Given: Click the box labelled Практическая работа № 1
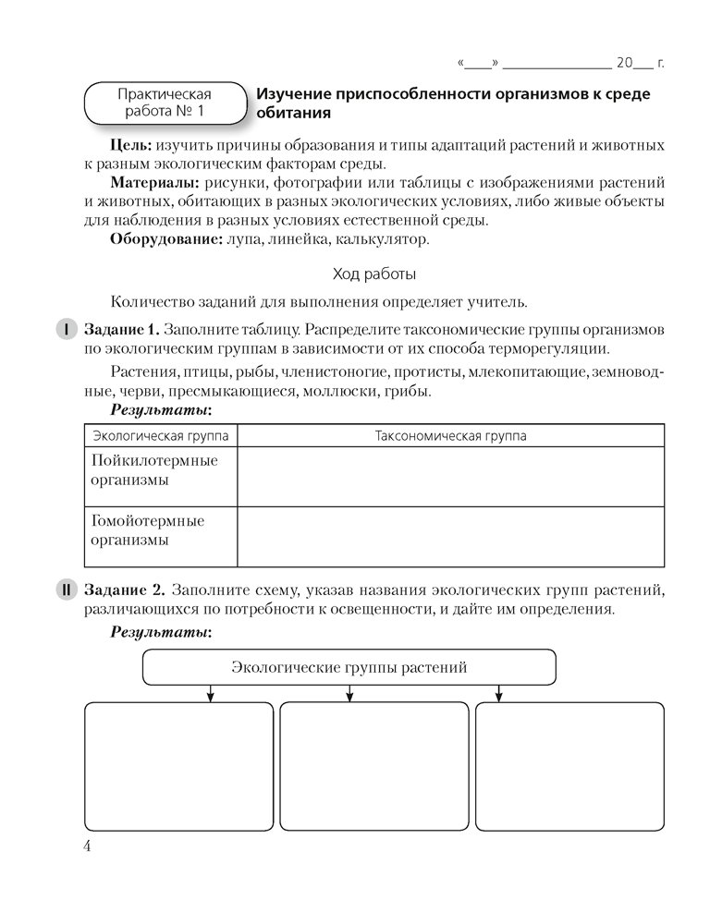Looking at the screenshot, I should tap(164, 103).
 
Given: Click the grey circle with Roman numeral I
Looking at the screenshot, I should tap(67, 329).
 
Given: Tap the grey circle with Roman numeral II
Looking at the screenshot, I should tap(67, 590).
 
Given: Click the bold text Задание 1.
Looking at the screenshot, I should tap(121, 329).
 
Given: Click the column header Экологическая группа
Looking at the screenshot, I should tap(161, 435).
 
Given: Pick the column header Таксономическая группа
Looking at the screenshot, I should tap(450, 435).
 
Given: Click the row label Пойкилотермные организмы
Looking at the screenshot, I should tap(154, 470).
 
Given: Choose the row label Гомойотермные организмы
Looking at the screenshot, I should tap(147, 530).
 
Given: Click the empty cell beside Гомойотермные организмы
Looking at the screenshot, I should tap(450, 536).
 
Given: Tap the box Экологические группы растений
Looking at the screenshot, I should tap(349, 666).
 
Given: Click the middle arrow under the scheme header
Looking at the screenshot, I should tap(349, 693).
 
